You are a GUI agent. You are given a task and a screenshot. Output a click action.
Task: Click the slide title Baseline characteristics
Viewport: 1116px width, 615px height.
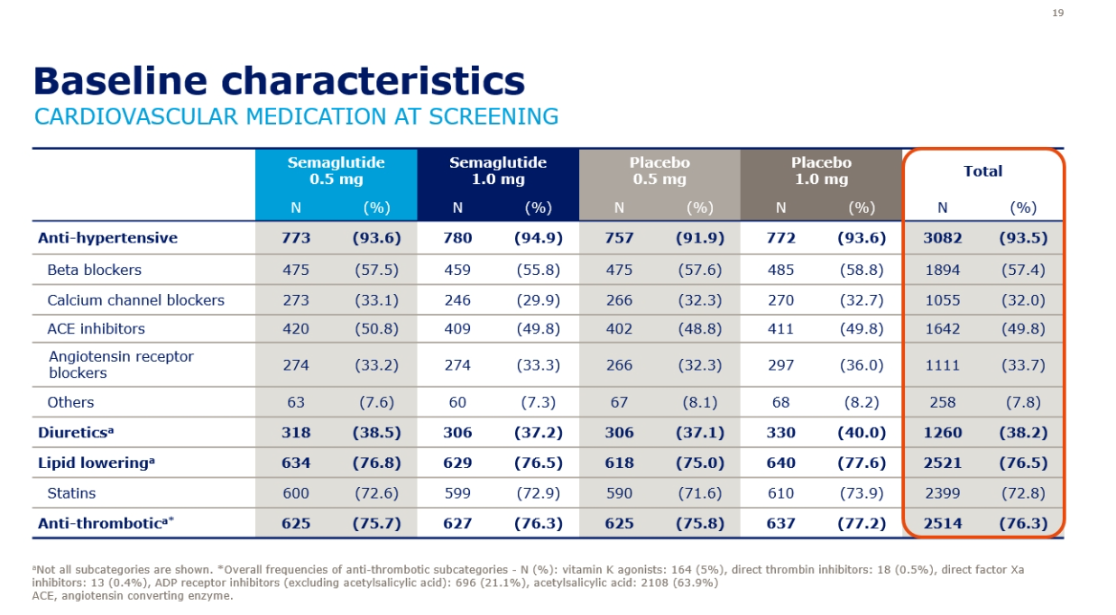279,81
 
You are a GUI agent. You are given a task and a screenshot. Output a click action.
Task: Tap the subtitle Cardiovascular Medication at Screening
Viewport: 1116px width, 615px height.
296,116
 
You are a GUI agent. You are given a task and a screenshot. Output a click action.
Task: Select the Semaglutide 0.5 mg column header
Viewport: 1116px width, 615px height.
336,170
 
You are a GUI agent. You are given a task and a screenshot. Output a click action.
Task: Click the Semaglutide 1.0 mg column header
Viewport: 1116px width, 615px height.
497,170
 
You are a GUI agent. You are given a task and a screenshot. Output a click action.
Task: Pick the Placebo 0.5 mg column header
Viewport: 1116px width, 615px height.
659,170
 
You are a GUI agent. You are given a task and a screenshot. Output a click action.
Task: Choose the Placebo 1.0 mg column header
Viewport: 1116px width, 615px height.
820,170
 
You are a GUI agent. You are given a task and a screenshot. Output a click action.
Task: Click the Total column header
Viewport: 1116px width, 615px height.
982,170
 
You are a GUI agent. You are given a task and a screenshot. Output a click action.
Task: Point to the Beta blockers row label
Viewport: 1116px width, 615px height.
94,270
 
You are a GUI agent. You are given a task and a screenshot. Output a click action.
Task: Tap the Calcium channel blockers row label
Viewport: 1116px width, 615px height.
135,300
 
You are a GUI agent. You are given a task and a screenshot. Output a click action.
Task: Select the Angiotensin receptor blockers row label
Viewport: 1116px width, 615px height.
121,364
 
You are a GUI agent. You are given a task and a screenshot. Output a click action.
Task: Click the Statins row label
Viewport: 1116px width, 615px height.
71,493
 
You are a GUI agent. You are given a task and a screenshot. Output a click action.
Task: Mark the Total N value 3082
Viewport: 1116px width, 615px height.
942,238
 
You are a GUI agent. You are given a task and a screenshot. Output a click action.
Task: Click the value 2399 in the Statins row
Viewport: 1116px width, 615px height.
942,493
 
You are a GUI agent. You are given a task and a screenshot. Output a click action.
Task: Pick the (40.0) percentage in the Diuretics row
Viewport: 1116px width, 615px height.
862,432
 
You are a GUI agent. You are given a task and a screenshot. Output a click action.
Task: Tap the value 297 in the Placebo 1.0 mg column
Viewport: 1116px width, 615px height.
780,365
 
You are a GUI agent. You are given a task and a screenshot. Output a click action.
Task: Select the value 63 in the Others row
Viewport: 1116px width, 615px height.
296,402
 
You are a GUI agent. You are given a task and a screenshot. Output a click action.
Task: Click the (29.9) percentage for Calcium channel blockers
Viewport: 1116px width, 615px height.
538,300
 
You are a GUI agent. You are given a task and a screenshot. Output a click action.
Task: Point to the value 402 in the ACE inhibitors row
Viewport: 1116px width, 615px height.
619,329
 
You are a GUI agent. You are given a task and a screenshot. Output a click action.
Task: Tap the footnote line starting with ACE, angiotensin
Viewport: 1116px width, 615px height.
133,595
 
